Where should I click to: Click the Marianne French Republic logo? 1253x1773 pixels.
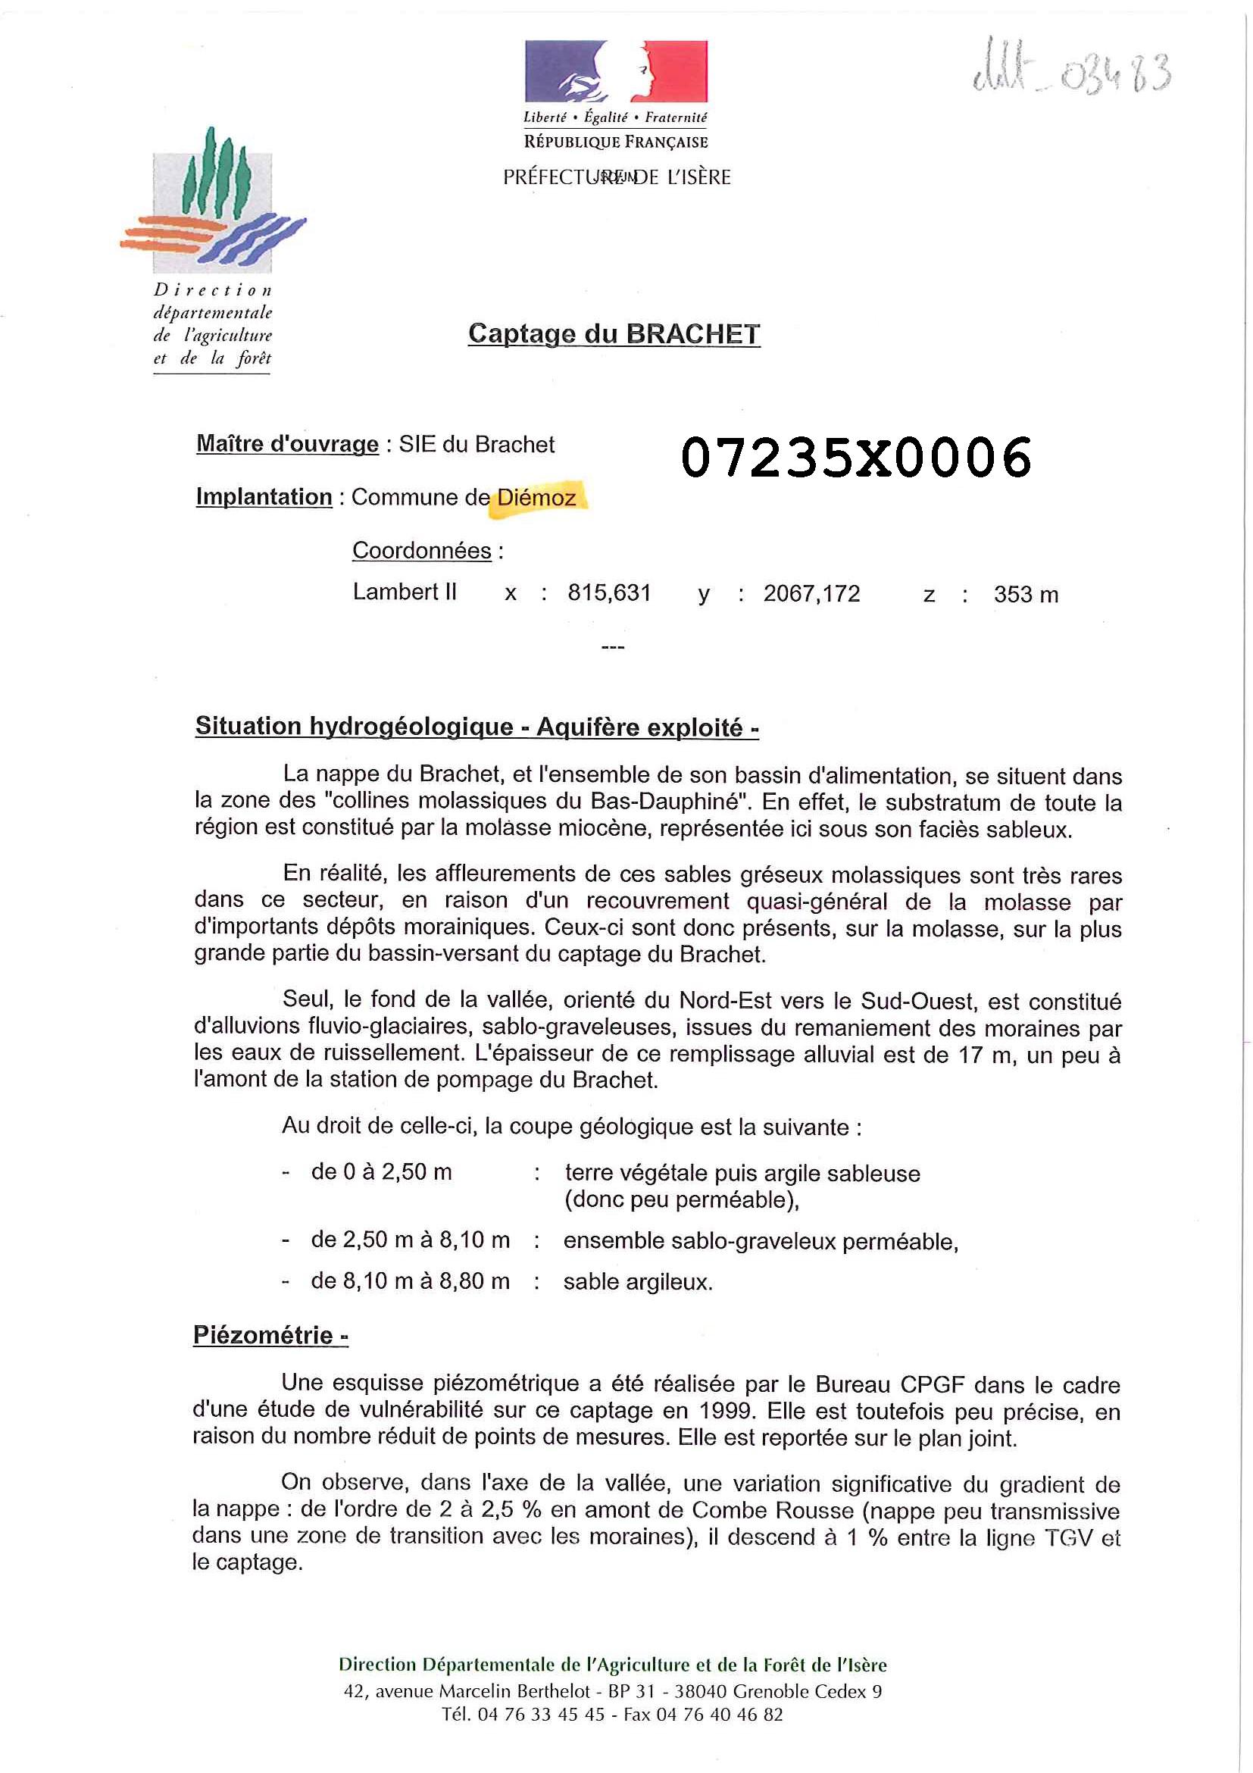click(x=615, y=71)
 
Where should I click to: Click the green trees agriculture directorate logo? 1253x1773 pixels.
click(x=213, y=200)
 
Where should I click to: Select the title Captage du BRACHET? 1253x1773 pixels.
click(x=614, y=333)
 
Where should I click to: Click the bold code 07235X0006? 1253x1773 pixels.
click(x=855, y=456)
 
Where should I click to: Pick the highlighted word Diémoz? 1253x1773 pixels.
click(x=536, y=497)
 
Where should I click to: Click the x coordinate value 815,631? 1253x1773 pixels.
click(x=609, y=593)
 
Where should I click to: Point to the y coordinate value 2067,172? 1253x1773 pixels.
click(x=811, y=593)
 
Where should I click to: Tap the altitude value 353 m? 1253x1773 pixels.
click(x=1025, y=595)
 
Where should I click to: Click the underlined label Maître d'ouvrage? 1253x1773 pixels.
click(x=287, y=444)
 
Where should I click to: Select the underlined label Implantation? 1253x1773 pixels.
click(x=264, y=496)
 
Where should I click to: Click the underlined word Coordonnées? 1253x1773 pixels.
click(x=421, y=551)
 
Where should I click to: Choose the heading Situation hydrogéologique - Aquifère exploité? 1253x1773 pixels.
click(x=477, y=727)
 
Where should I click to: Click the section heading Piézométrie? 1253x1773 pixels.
click(x=270, y=1335)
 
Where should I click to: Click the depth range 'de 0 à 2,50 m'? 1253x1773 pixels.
click(x=381, y=1171)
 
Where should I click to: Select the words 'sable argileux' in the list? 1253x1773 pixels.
click(x=637, y=1282)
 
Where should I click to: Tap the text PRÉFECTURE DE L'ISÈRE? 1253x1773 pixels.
click(x=616, y=177)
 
